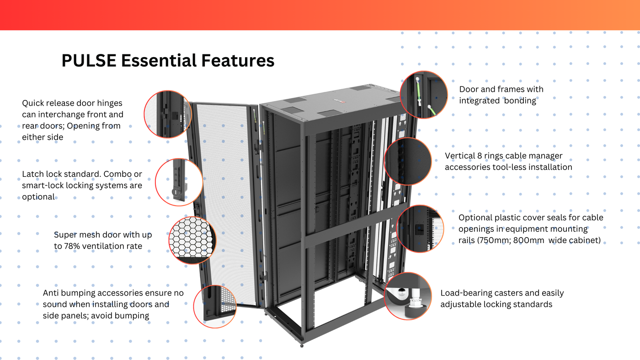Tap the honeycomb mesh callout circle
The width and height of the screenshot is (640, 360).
[x=192, y=240]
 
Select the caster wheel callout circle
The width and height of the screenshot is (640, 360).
[x=408, y=296]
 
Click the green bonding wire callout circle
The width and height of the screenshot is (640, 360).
[x=424, y=95]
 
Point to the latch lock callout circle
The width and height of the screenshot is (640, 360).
[x=179, y=182]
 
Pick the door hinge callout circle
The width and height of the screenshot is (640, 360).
[x=168, y=114]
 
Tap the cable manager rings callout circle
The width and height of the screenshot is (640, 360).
[x=408, y=161]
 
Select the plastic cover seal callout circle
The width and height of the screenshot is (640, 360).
[x=420, y=229]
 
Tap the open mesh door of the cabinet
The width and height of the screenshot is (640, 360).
[x=226, y=206]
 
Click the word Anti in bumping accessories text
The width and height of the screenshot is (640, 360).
[x=52, y=293]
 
